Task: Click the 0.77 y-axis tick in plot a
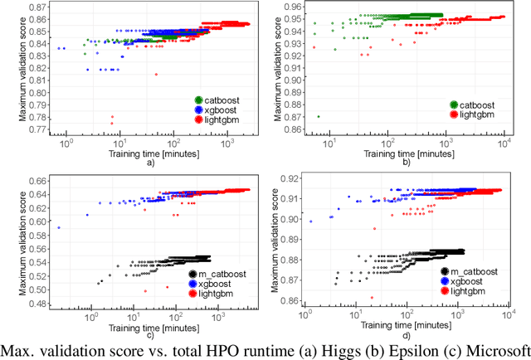click(38, 129)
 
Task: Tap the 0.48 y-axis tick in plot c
click(38, 304)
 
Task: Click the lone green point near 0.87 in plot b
click(319, 117)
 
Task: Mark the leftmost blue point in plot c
click(58, 226)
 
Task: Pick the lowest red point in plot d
click(372, 298)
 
